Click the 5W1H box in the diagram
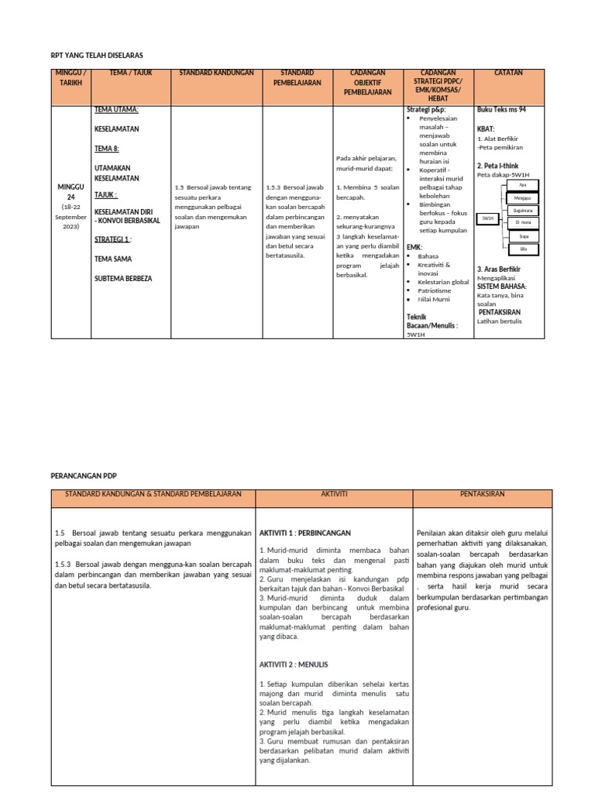[487, 219]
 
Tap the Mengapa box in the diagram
[523, 197]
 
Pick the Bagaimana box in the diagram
[523, 210]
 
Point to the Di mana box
[523, 222]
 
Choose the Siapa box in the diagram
[523, 235]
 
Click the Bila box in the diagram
[523, 248]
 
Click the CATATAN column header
[508, 73]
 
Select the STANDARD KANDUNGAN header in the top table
[216, 73]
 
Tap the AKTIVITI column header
[334, 493]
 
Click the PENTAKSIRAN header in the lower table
[482, 493]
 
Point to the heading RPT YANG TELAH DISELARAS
[97, 55]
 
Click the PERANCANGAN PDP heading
[83, 475]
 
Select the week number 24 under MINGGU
[71, 197]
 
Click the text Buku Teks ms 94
[501, 110]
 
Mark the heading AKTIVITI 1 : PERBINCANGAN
[305, 534]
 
